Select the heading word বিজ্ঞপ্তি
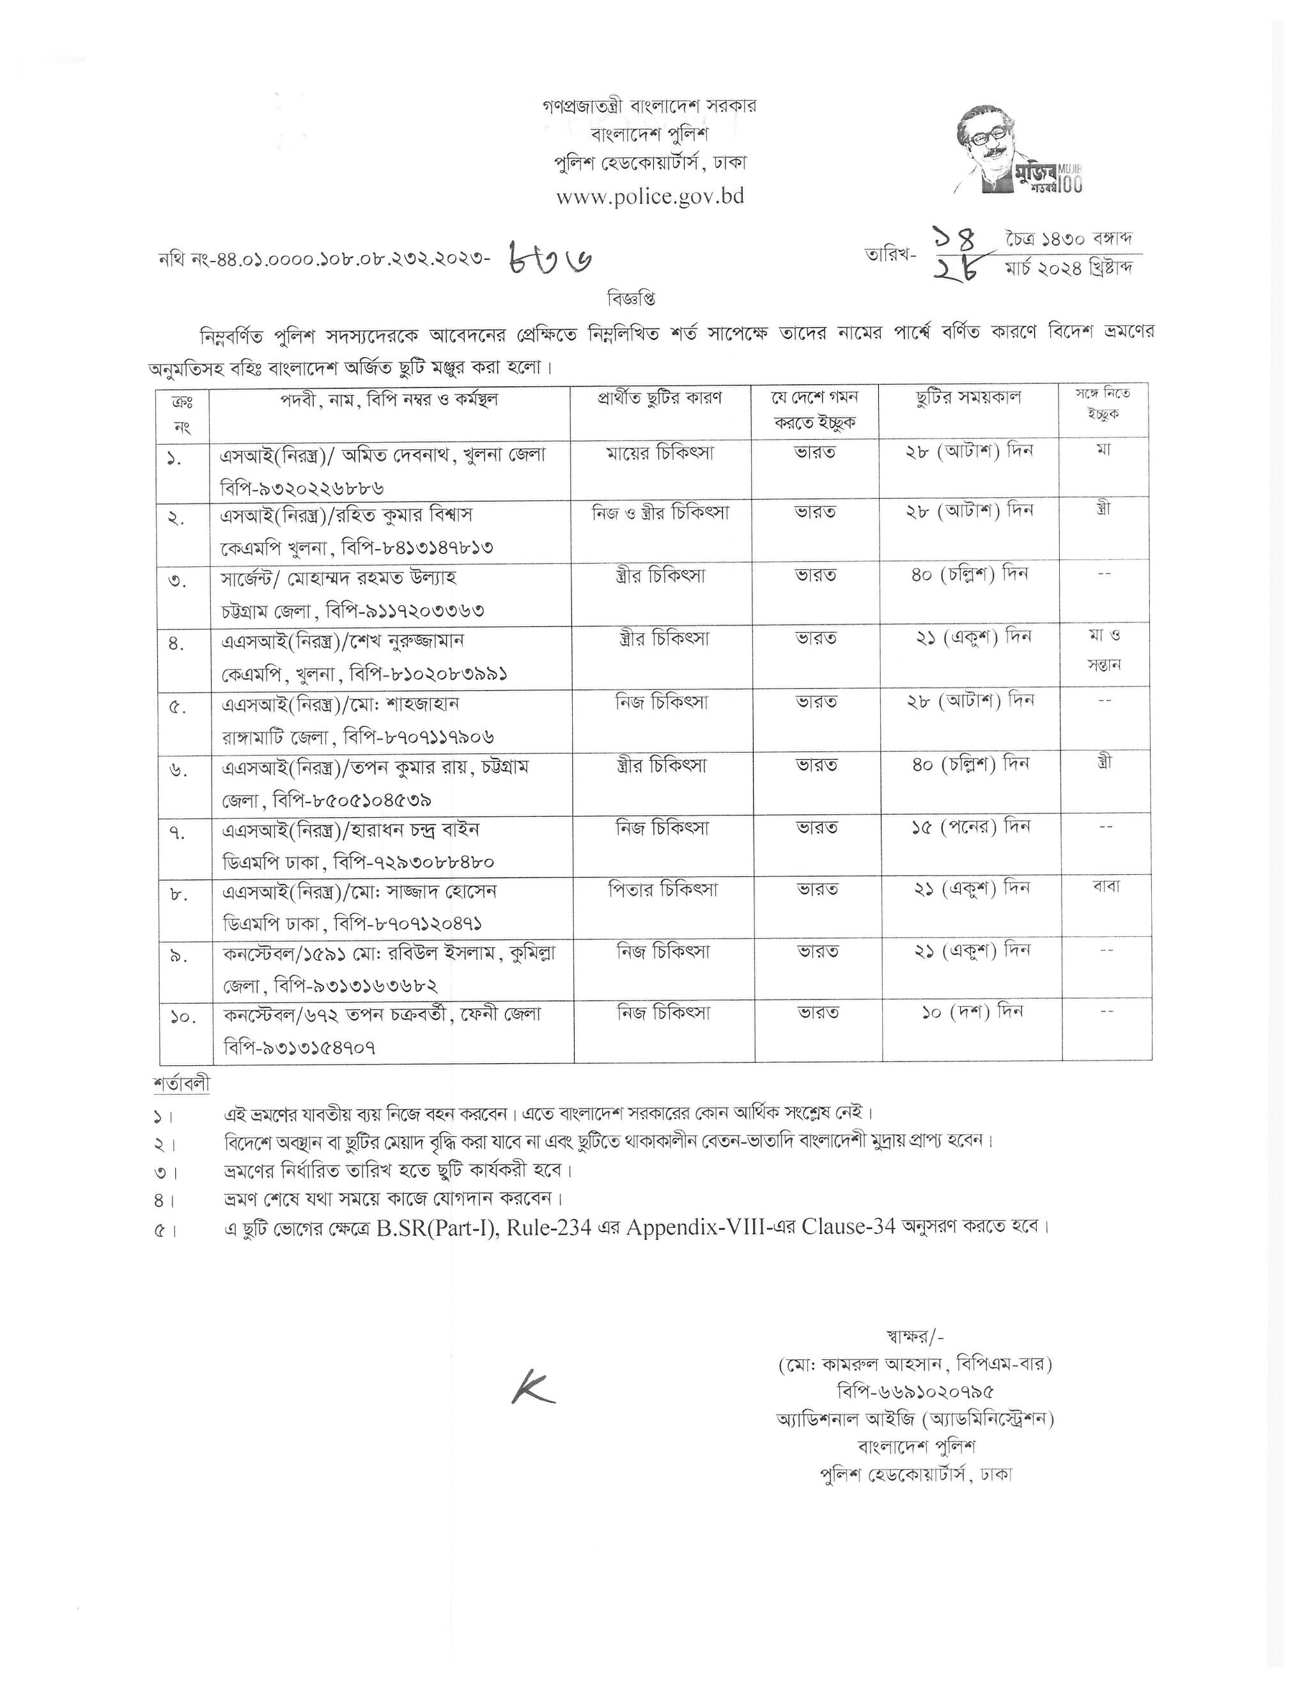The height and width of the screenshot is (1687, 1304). (x=629, y=299)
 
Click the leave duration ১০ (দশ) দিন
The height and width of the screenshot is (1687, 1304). (x=971, y=1011)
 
